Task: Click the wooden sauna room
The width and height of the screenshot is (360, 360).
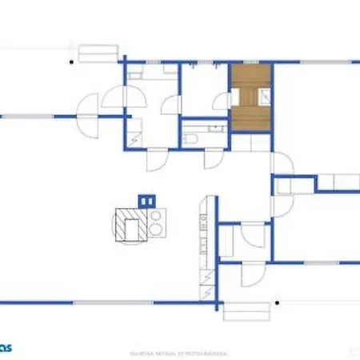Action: point(250,98)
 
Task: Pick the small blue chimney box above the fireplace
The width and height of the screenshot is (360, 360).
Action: point(145,199)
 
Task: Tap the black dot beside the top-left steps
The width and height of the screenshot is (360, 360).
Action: point(72,61)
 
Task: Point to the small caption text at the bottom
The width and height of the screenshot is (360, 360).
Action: point(179,351)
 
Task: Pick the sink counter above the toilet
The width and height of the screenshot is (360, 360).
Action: point(204,126)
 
